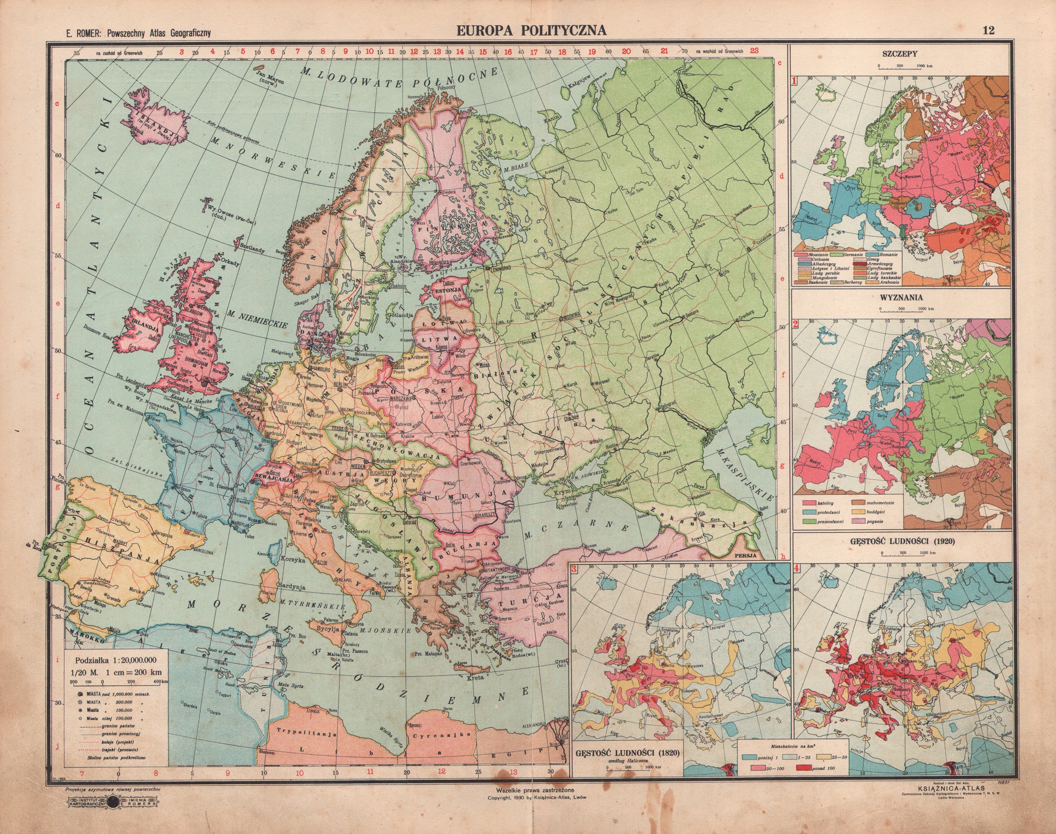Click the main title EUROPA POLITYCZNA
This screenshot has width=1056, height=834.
pos(532,31)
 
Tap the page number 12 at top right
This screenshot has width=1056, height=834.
pos(988,31)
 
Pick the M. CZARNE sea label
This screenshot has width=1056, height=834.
pos(576,531)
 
